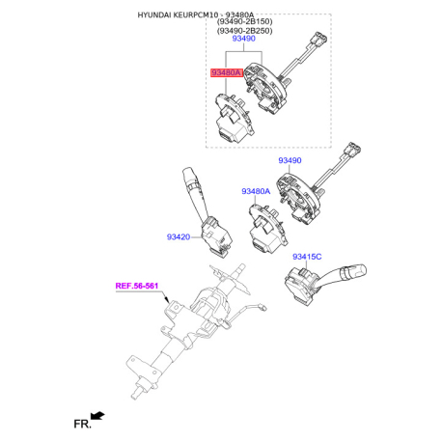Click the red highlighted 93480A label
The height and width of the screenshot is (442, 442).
tap(227, 73)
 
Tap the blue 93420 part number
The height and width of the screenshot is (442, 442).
tap(179, 237)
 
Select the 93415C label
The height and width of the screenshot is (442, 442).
tap(307, 257)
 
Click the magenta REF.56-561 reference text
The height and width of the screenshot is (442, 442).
tap(137, 286)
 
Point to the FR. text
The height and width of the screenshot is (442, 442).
tap(82, 424)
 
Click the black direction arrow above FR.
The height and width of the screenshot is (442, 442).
tap(97, 415)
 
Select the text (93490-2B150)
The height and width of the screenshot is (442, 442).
tap(245, 22)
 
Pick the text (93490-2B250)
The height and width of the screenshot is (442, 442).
tap(245, 31)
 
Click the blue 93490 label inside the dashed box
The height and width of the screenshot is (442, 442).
tap(244, 39)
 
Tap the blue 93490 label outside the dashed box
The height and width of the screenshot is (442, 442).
tap(290, 160)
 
